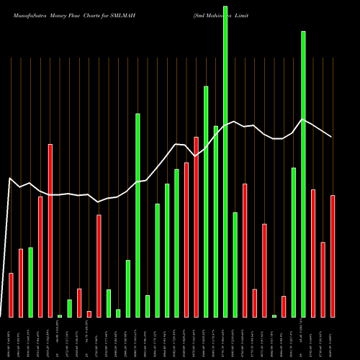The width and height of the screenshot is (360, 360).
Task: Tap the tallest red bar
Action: coord(196,227)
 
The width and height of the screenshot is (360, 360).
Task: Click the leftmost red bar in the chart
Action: coord(11,295)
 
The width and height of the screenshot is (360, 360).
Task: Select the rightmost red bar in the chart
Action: coord(333,256)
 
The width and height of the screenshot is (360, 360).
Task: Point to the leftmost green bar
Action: coord(30,282)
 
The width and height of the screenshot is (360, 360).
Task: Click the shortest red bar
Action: coord(89,314)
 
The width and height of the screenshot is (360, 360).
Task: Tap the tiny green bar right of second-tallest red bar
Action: coord(60,315)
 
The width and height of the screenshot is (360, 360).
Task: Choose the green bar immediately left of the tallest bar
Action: coord(215,221)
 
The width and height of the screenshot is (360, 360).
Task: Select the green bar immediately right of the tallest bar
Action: coord(235,264)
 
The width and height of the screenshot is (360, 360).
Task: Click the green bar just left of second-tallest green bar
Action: coord(294,242)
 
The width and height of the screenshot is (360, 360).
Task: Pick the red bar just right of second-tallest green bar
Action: coord(313,253)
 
